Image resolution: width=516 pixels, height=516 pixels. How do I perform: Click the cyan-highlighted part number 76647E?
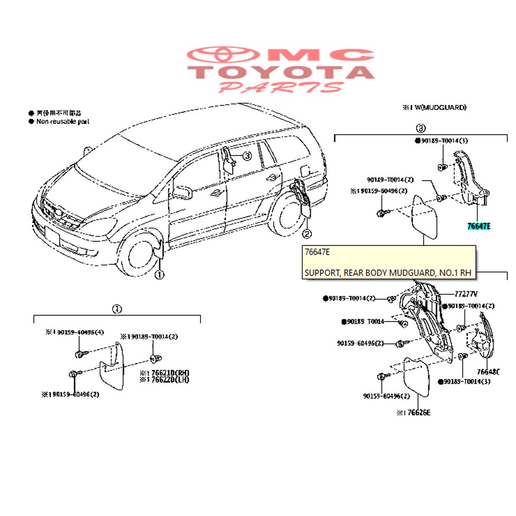click(x=478, y=226)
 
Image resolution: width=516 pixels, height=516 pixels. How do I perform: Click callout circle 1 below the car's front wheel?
click(x=159, y=275)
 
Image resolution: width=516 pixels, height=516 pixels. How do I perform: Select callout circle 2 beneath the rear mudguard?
click(x=307, y=233)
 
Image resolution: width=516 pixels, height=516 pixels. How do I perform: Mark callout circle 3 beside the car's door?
click(x=247, y=156)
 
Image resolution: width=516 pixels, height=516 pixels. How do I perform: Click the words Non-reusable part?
click(x=62, y=122)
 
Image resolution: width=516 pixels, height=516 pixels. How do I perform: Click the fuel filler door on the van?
click(x=306, y=171)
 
